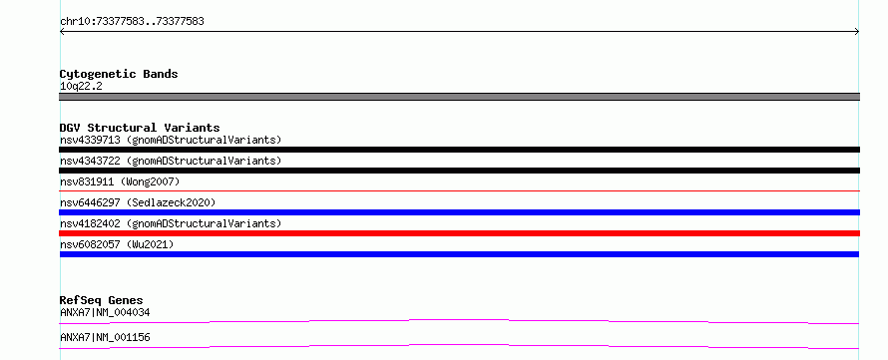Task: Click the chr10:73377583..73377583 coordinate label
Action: [x=132, y=22]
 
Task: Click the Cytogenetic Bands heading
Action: [x=119, y=74]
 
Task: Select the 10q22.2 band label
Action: [x=81, y=87]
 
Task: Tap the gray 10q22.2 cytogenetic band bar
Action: [x=459, y=97]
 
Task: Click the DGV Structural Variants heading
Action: [x=140, y=128]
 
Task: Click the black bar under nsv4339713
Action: [x=459, y=150]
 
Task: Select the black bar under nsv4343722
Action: [x=459, y=171]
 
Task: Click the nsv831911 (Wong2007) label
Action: [x=120, y=181]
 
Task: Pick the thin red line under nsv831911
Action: [x=459, y=191]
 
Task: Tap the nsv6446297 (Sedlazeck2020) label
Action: [x=138, y=202]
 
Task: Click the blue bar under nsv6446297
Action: [x=459, y=212]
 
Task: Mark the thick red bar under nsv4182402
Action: [x=459, y=233]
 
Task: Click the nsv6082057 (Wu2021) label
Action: [x=117, y=244]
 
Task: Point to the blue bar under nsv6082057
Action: [x=459, y=254]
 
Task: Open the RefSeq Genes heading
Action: [x=102, y=300]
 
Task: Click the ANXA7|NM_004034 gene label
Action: [x=105, y=312]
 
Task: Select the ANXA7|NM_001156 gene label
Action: [x=105, y=337]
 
